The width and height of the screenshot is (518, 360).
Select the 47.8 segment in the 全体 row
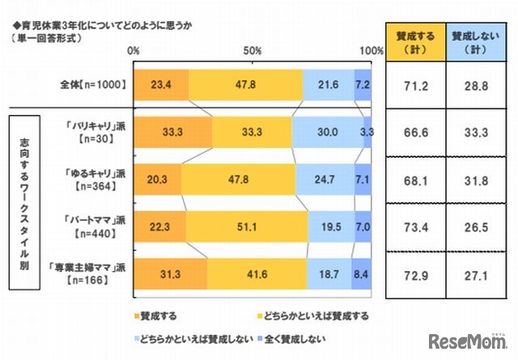point(245,84)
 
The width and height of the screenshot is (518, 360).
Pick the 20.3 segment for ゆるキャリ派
point(157,179)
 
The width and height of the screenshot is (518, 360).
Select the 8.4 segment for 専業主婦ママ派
point(361,274)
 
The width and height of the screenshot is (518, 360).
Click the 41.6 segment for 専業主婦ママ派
point(257,274)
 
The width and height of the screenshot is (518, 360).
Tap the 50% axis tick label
point(252,51)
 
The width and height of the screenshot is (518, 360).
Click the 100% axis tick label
point(371,51)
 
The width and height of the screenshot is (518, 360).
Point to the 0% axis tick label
point(134,51)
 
